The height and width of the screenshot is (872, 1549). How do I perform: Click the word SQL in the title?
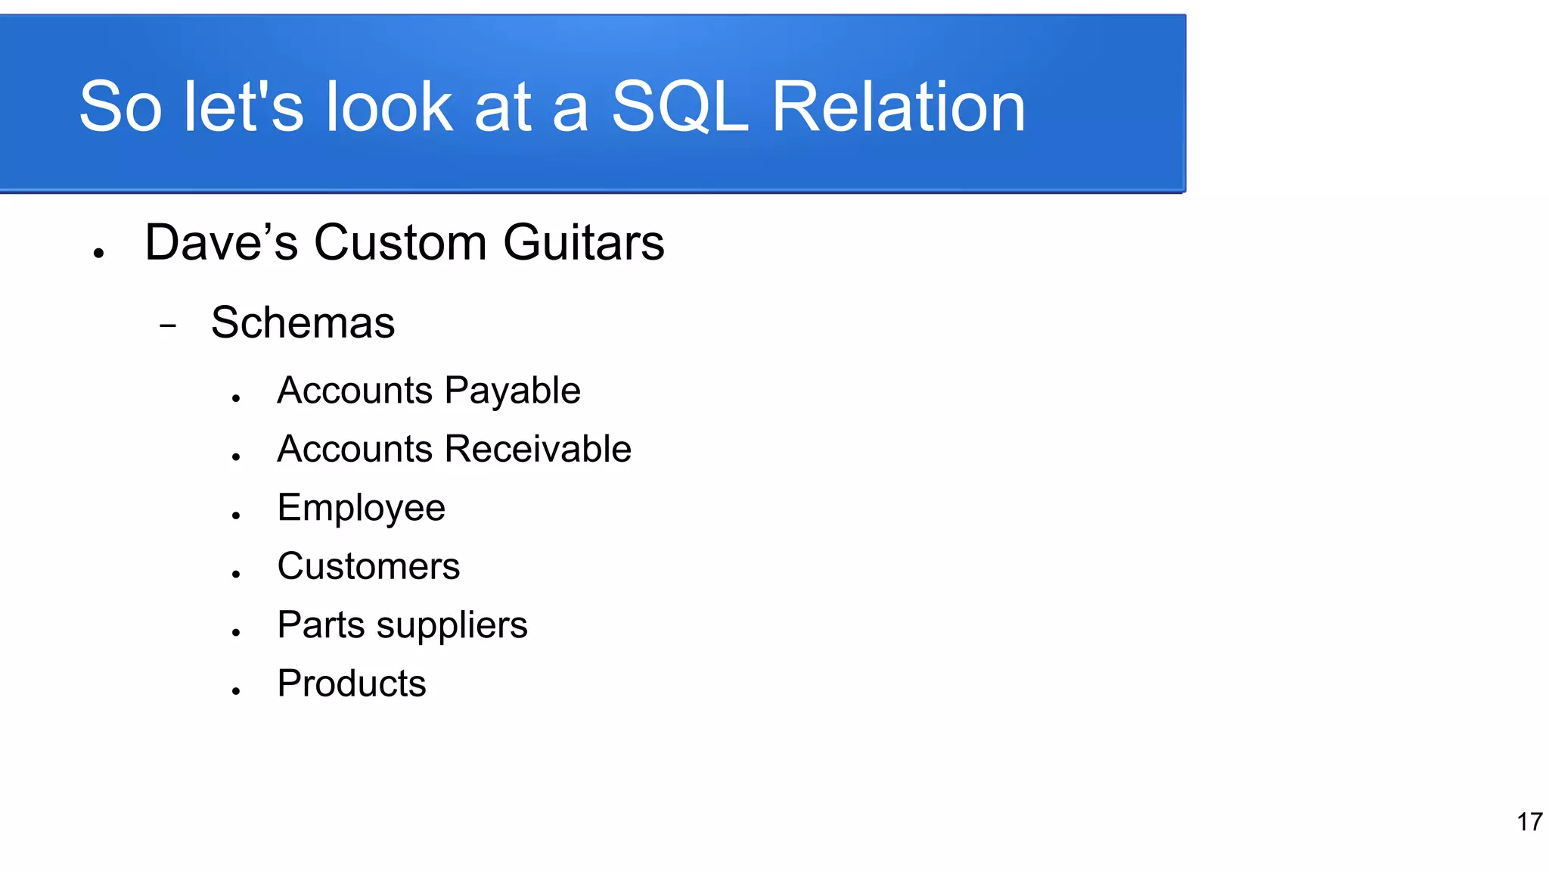[678, 107]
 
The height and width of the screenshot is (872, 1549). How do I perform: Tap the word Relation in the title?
[898, 107]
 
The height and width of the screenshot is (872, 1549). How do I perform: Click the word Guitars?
[583, 243]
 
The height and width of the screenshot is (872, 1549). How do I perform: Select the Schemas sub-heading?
[303, 323]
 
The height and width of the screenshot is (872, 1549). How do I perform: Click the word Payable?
[512, 391]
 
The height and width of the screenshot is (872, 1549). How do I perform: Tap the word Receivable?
[538, 450]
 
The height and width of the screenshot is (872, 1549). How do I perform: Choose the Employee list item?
[361, 508]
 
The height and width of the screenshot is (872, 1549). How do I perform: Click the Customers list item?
[368, 567]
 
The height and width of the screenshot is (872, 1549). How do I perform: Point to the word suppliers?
[452, 626]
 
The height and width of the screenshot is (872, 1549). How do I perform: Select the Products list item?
[352, 684]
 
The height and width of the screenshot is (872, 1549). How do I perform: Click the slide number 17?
[1529, 822]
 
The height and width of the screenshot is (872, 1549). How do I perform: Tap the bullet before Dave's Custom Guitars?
[98, 254]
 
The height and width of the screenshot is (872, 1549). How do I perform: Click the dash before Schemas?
[168, 326]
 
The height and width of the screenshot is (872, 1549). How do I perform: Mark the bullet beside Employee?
[236, 515]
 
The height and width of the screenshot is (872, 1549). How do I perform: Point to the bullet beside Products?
[236, 691]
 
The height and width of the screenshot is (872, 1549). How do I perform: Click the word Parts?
[321, 625]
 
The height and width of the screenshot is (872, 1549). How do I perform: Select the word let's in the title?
[244, 107]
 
